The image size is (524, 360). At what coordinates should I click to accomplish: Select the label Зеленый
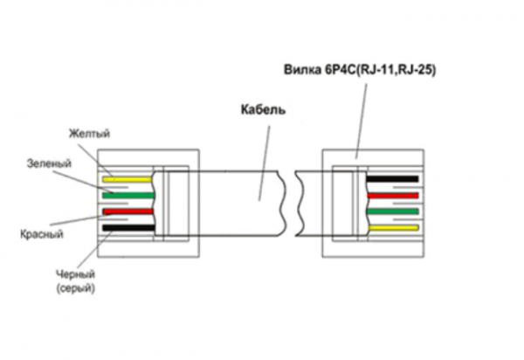pyautogui.click(x=49, y=163)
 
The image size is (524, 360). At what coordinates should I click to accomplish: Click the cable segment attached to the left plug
pyautogui.click(x=236, y=202)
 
